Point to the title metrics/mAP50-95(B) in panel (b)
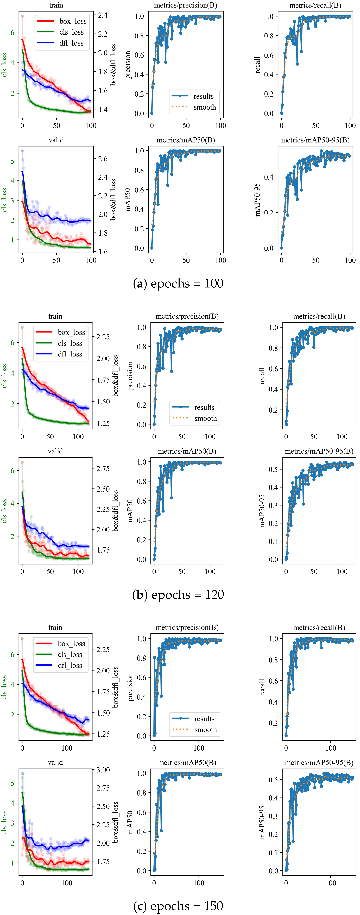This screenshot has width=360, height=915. [319, 451]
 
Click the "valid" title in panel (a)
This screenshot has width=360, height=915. [56, 140]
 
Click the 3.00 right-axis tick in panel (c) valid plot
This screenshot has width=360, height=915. [103, 770]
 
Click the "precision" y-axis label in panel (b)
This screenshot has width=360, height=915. [130, 375]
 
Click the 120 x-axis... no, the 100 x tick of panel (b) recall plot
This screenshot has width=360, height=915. [342, 436]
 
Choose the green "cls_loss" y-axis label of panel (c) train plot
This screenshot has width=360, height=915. [4, 687]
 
